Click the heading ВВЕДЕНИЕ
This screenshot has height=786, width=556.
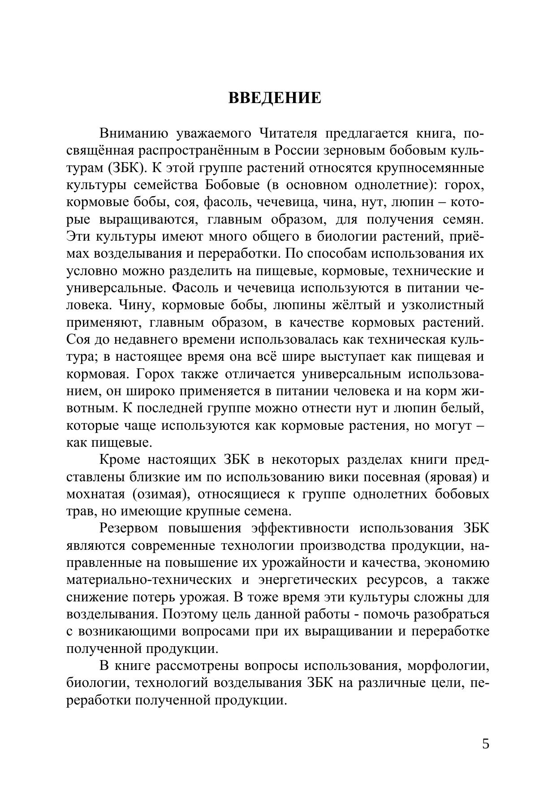(x=275, y=98)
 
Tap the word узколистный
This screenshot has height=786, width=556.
(x=443, y=305)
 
